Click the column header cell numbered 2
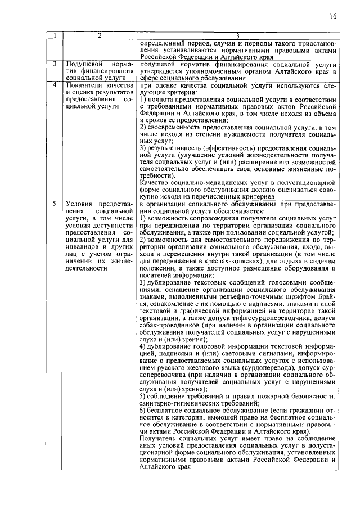[x=99, y=36]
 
